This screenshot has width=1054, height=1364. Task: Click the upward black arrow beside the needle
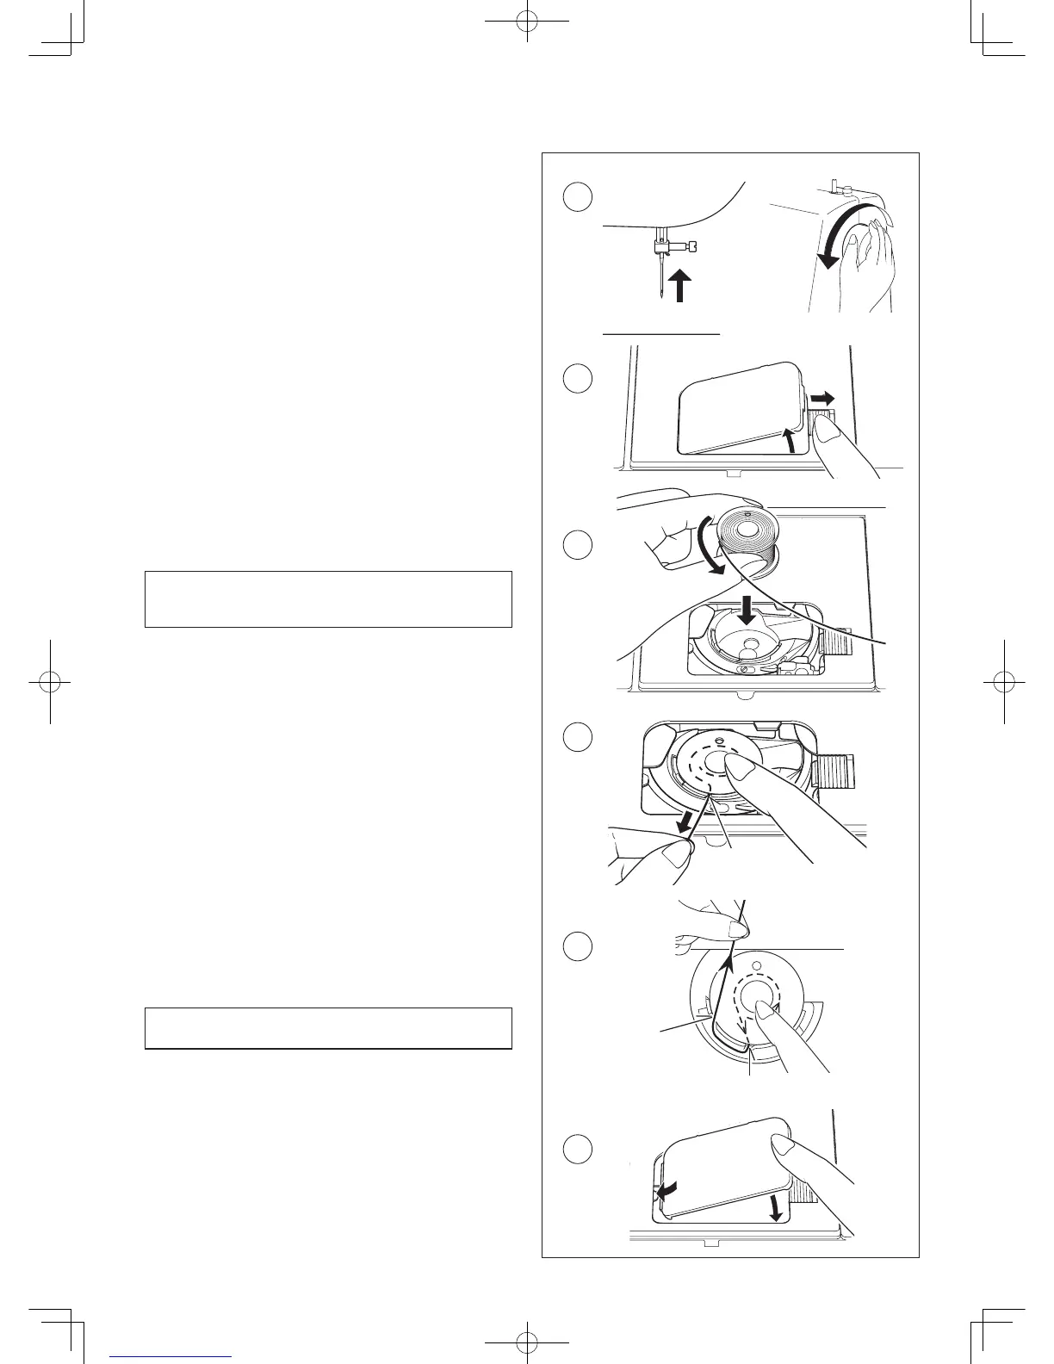(x=679, y=285)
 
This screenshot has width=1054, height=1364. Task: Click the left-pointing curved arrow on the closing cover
(x=666, y=1191)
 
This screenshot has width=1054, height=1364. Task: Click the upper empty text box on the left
(x=328, y=598)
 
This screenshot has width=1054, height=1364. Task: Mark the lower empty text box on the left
(x=328, y=1027)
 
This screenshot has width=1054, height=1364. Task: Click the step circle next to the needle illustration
(x=578, y=196)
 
